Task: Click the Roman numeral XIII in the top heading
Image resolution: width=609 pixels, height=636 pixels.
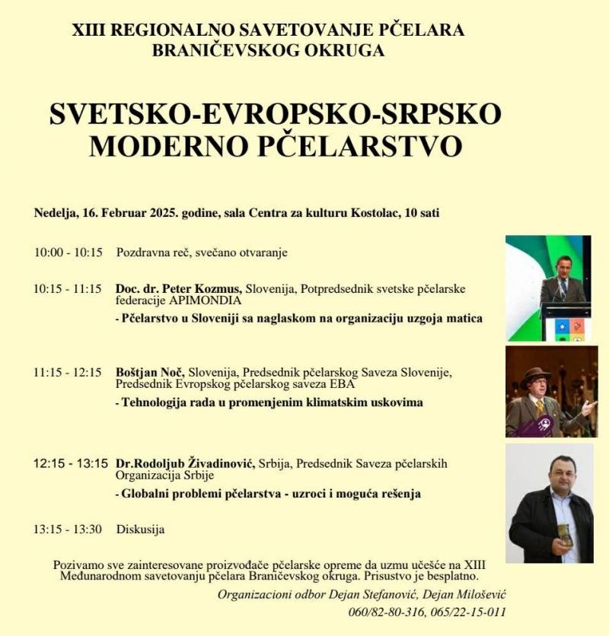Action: [x=87, y=31]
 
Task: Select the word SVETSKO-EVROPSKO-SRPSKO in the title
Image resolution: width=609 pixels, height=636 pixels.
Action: [x=276, y=113]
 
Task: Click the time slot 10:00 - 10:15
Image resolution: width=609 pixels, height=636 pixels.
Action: [x=67, y=252]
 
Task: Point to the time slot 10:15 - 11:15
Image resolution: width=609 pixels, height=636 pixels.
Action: [x=67, y=289]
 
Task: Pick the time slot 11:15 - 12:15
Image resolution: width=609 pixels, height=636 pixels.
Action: [x=67, y=373]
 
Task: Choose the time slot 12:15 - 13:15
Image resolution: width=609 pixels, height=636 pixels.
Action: [x=71, y=463]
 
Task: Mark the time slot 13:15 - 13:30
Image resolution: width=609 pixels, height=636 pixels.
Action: [x=67, y=529]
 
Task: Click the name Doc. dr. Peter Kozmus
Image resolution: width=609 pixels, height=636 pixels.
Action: [x=179, y=289]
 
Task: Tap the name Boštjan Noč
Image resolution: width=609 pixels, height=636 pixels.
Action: [x=151, y=373]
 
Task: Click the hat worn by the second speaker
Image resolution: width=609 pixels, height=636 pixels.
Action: [x=537, y=374]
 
